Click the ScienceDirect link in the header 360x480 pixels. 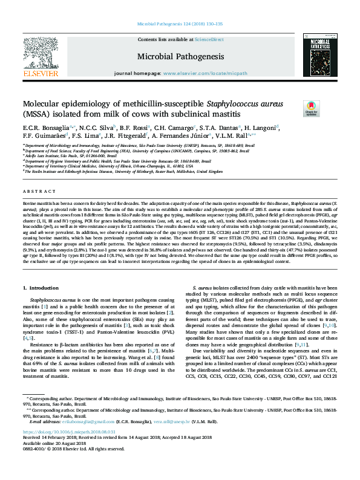[x=209, y=39]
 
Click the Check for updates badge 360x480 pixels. [x=311, y=108]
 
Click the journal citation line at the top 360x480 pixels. [x=180, y=25]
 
